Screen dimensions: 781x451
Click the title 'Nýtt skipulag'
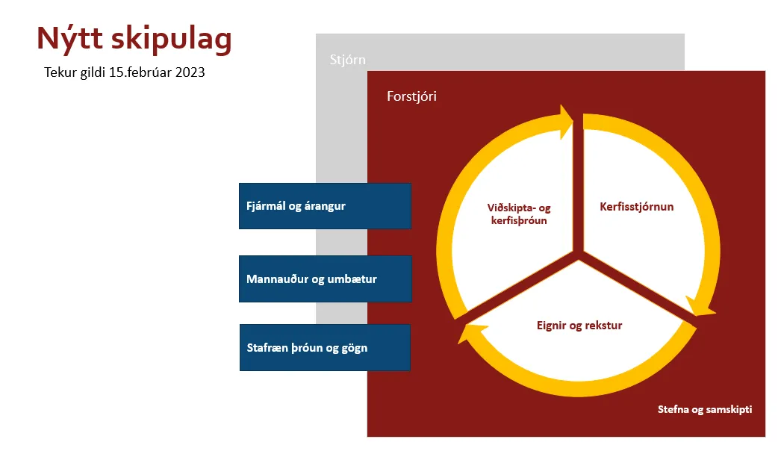(x=134, y=39)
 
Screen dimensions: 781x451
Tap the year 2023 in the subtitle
(x=190, y=72)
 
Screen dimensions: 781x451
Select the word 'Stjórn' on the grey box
(x=348, y=60)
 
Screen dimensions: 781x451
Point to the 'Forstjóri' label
(x=411, y=96)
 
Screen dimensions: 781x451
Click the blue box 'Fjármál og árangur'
(x=325, y=206)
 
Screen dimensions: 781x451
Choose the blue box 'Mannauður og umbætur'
(x=326, y=279)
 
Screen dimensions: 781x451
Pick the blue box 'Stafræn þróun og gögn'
(x=325, y=347)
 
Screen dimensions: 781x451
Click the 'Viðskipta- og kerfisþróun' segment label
(x=518, y=214)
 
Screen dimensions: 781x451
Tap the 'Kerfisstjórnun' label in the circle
(x=637, y=207)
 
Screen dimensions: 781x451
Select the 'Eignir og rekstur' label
(x=579, y=326)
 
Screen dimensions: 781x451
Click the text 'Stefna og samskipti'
(x=705, y=409)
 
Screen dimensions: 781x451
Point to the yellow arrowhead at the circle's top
(x=566, y=121)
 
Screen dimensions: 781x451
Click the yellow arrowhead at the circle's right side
(x=700, y=307)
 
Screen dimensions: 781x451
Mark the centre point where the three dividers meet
(x=578, y=255)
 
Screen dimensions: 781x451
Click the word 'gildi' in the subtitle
(x=93, y=72)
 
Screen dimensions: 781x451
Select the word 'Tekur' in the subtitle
(x=60, y=72)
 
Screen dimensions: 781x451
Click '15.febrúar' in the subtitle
(x=140, y=72)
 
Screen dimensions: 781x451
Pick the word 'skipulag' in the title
(x=171, y=40)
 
